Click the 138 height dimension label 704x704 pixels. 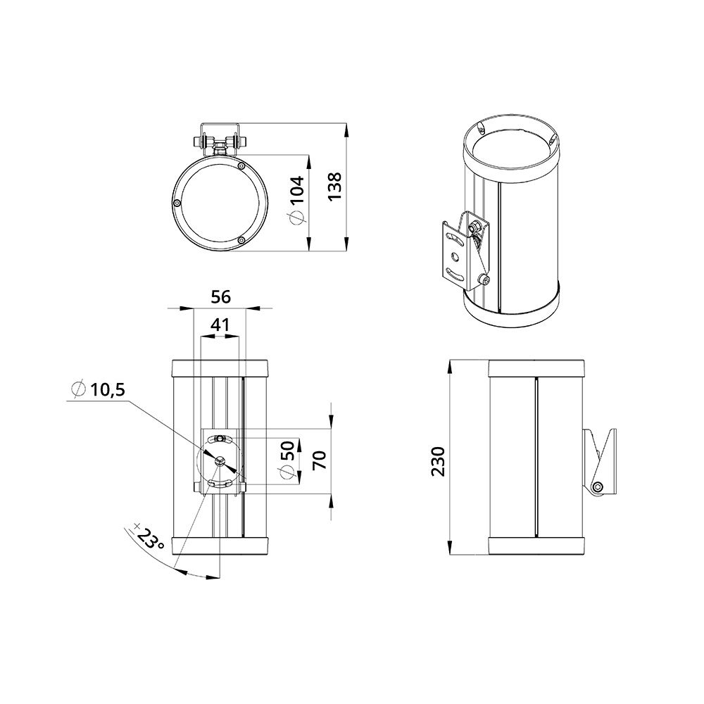coord(335,187)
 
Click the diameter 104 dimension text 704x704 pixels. coord(297,201)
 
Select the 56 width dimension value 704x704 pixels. coord(220,297)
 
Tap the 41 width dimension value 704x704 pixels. coord(220,325)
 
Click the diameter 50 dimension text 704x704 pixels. coord(287,461)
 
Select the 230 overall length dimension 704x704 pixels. coord(439,461)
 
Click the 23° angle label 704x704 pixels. coord(150,541)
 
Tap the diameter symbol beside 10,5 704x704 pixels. coord(78,389)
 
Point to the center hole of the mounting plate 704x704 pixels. coord(220,460)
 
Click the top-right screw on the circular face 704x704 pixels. coord(241,167)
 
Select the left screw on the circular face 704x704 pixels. coord(177,202)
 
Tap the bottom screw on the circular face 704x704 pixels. coord(241,241)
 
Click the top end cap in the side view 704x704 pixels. coord(535,368)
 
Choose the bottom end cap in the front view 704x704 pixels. coord(220,546)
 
